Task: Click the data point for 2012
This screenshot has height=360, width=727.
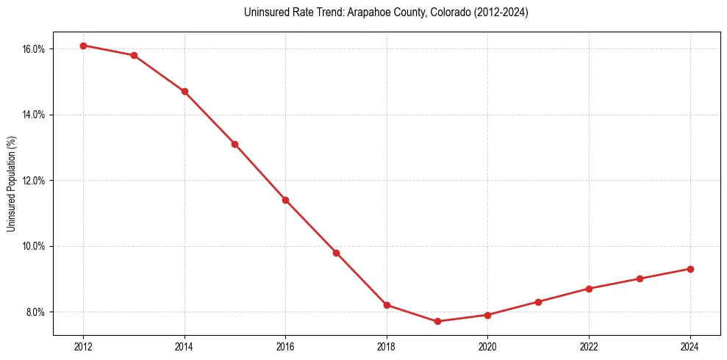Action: (x=83, y=46)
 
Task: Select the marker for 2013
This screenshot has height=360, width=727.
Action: (x=134, y=55)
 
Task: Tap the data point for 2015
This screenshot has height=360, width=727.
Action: (x=234, y=144)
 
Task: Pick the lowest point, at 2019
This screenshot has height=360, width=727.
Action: (x=437, y=321)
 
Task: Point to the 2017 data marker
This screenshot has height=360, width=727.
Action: (x=336, y=253)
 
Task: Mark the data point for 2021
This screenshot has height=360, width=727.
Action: (x=538, y=302)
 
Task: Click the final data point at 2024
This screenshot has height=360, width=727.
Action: (x=690, y=269)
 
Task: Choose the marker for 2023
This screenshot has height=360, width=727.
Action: (x=640, y=278)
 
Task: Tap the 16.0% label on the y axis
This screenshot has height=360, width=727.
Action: (x=34, y=49)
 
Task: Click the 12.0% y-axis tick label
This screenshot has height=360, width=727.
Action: (x=34, y=181)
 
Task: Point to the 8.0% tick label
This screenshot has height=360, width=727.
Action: (x=36, y=312)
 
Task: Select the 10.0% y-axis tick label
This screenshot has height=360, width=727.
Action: (x=34, y=246)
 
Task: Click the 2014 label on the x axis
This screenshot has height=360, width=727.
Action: (x=185, y=346)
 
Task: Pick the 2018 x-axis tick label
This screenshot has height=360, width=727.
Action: (x=387, y=346)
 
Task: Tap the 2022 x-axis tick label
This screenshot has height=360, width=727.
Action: (x=589, y=346)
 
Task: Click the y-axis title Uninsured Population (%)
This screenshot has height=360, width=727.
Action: (x=12, y=184)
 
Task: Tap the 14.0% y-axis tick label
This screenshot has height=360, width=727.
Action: (x=34, y=115)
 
